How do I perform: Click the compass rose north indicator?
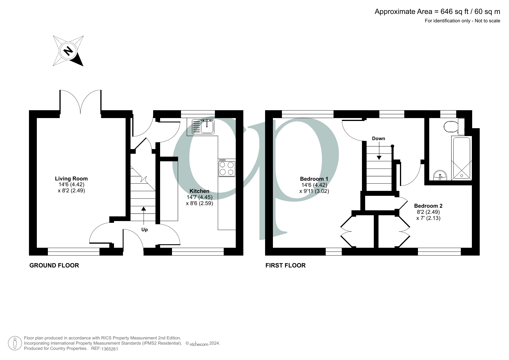68,51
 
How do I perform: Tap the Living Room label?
71,179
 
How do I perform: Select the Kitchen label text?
199,191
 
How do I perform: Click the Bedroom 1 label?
314,179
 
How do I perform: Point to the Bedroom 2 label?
428,206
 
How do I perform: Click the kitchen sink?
203,126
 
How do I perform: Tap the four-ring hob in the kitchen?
227,168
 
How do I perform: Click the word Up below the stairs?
144,230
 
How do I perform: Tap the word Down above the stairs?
378,139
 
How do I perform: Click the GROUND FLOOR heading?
54,265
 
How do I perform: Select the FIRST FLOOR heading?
285,265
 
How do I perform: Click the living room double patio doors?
80,102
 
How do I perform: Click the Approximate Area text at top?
437,12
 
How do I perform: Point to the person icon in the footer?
15,343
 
